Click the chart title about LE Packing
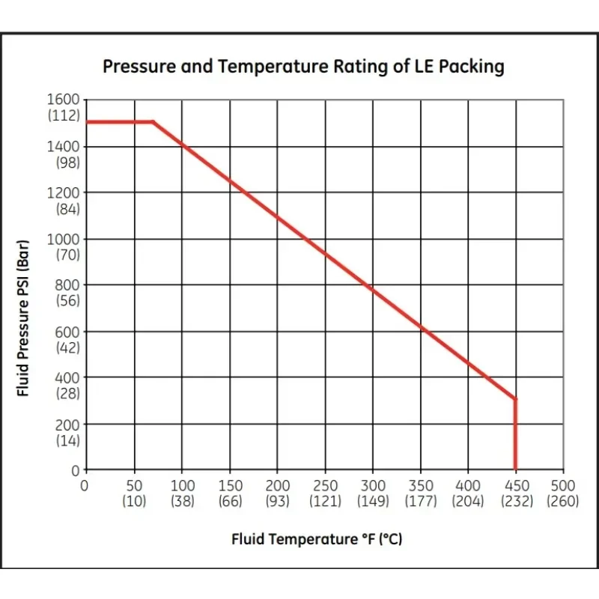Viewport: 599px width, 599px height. [303, 67]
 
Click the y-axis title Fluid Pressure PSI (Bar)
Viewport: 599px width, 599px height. [24, 321]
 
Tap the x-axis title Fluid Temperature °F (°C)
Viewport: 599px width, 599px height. [317, 538]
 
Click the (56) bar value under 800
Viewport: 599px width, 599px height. [67, 301]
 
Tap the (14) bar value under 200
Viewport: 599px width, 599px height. [67, 440]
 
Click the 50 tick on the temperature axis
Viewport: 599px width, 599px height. [135, 485]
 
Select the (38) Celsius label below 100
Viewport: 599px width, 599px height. [183, 501]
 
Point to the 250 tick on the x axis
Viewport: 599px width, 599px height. [326, 485]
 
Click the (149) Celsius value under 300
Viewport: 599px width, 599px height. [373, 501]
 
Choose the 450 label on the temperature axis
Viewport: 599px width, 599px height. [516, 485]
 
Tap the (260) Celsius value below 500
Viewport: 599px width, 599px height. [563, 501]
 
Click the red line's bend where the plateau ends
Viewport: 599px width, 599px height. [153, 121]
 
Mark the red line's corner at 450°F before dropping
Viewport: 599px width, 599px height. [515, 399]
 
